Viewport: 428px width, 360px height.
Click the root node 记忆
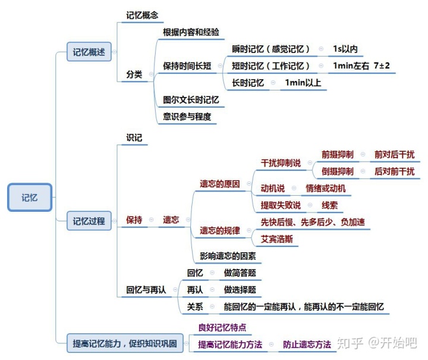click(x=30, y=198)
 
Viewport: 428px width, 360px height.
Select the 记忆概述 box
click(x=89, y=52)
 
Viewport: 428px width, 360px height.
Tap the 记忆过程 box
click(x=89, y=221)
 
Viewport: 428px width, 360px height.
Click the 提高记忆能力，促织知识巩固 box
click(x=124, y=343)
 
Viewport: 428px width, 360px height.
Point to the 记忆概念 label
click(x=142, y=15)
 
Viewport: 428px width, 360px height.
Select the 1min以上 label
click(x=303, y=83)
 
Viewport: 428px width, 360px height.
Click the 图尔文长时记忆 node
click(x=191, y=100)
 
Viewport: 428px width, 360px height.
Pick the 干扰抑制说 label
click(x=281, y=163)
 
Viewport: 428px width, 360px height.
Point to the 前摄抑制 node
click(x=337, y=154)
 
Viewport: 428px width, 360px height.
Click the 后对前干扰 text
click(x=394, y=171)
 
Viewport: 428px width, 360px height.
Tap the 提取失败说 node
click(x=281, y=205)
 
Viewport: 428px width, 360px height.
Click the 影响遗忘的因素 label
click(x=228, y=256)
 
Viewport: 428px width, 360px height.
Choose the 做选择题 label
click(x=240, y=290)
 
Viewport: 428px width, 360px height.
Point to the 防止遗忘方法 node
click(x=307, y=344)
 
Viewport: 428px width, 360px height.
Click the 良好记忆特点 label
click(x=222, y=327)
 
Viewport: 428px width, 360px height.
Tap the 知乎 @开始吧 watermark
click(x=376, y=342)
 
